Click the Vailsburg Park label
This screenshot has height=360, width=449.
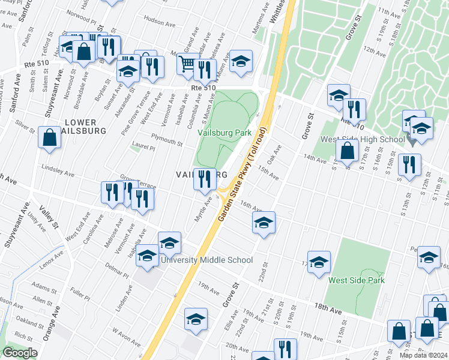(x=224, y=133)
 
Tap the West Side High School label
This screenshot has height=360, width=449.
(x=363, y=140)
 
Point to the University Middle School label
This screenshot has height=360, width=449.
(x=206, y=260)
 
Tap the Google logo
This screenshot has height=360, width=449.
(x=20, y=353)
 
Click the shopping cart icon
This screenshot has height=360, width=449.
(x=187, y=64)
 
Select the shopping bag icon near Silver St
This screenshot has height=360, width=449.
(x=49, y=137)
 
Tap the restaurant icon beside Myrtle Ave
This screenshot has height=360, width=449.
(x=205, y=179)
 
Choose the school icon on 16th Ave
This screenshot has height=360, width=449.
(x=264, y=223)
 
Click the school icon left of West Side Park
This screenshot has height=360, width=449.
(x=319, y=262)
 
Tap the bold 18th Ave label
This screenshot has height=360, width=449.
(x=327, y=306)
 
